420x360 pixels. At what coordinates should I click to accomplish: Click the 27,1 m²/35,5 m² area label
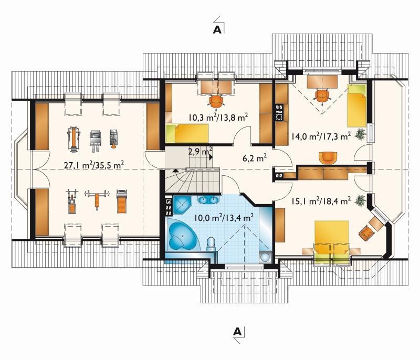(94, 165)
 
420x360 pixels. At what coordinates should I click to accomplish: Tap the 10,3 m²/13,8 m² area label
(218, 117)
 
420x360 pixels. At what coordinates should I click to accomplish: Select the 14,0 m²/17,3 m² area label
(321, 136)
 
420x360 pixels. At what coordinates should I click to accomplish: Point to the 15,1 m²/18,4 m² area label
(321, 201)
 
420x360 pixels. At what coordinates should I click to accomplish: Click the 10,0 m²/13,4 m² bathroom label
(224, 218)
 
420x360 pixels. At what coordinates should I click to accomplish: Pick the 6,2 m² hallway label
(255, 158)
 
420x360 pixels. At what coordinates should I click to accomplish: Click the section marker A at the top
(217, 30)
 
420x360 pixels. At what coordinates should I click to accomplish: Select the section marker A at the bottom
(237, 332)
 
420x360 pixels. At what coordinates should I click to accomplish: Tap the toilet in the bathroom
(212, 244)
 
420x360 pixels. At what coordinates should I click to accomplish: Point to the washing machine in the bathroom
(265, 257)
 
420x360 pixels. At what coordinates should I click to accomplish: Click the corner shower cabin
(181, 205)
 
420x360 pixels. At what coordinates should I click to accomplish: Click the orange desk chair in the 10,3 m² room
(216, 101)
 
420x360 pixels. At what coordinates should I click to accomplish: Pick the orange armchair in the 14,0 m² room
(328, 157)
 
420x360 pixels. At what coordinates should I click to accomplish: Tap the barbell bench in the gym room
(97, 198)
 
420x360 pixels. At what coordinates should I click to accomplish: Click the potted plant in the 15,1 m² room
(361, 200)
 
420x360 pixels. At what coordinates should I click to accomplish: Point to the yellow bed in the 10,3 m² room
(187, 133)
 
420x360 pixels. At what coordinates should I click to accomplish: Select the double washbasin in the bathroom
(208, 199)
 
